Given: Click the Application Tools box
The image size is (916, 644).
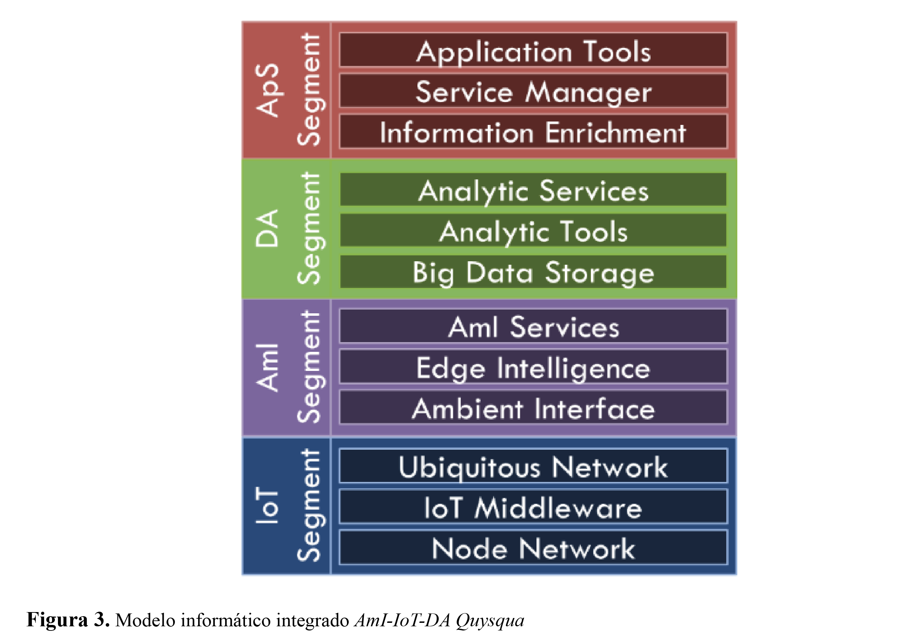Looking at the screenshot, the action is [x=533, y=50].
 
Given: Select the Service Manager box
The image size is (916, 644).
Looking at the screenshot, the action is [x=533, y=91].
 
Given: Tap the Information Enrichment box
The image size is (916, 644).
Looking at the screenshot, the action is [x=533, y=131].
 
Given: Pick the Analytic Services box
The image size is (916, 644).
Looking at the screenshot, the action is [x=533, y=189].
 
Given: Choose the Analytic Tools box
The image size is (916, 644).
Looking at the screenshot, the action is [x=533, y=230].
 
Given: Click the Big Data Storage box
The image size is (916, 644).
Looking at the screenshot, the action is [x=533, y=271].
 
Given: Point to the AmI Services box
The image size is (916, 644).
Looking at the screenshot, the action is [x=533, y=326].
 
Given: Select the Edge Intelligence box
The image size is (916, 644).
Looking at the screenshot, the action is [x=533, y=367].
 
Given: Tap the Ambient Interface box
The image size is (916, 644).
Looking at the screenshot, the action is [x=533, y=407].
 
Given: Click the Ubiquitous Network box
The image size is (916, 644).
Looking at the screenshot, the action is [x=533, y=466].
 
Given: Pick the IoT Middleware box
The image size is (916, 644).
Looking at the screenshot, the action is [x=533, y=506].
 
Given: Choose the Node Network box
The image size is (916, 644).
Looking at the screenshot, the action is [x=533, y=547].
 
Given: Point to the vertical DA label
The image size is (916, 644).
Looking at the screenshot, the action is [x=266, y=228].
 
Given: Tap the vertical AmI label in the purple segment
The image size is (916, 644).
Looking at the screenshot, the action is [x=266, y=367].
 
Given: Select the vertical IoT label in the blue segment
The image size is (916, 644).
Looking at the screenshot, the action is [x=266, y=506].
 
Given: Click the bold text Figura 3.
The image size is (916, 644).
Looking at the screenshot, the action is [x=68, y=619].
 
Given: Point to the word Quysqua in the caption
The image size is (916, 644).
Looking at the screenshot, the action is [x=490, y=620].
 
